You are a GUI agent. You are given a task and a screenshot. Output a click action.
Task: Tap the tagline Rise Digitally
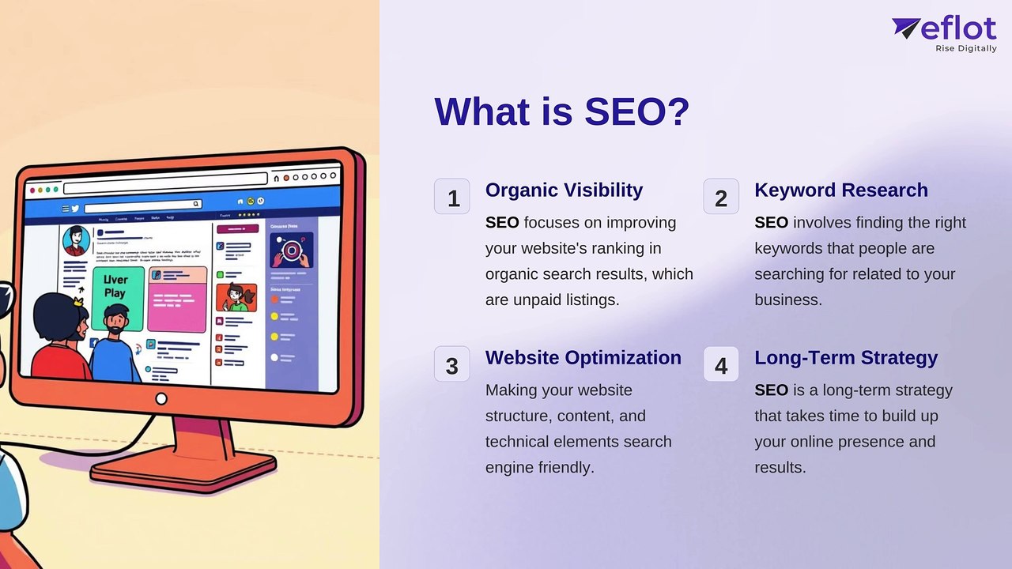coord(965,48)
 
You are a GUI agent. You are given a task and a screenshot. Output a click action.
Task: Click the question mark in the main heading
coord(677,111)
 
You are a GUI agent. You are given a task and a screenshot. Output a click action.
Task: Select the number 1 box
coord(452,197)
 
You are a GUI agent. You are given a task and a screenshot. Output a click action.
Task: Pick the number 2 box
coord(721,197)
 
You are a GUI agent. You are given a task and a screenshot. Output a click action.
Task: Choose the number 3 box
coord(452,364)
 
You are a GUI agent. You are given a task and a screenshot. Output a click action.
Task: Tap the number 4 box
coord(721,364)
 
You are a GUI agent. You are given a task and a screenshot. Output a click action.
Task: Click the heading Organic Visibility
coord(564,190)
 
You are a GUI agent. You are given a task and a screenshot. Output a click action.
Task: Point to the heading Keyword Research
coord(840,190)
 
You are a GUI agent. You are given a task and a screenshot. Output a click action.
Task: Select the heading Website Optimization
coord(583,358)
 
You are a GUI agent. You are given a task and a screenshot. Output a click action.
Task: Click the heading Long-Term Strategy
coord(845,358)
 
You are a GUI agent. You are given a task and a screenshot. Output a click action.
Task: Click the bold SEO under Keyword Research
coord(771,223)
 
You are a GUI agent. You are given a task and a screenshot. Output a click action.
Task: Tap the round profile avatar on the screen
coord(76,239)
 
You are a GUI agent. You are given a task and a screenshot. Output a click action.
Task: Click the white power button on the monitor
coord(161,399)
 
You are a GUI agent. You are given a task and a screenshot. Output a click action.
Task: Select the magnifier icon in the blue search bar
coord(196,204)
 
